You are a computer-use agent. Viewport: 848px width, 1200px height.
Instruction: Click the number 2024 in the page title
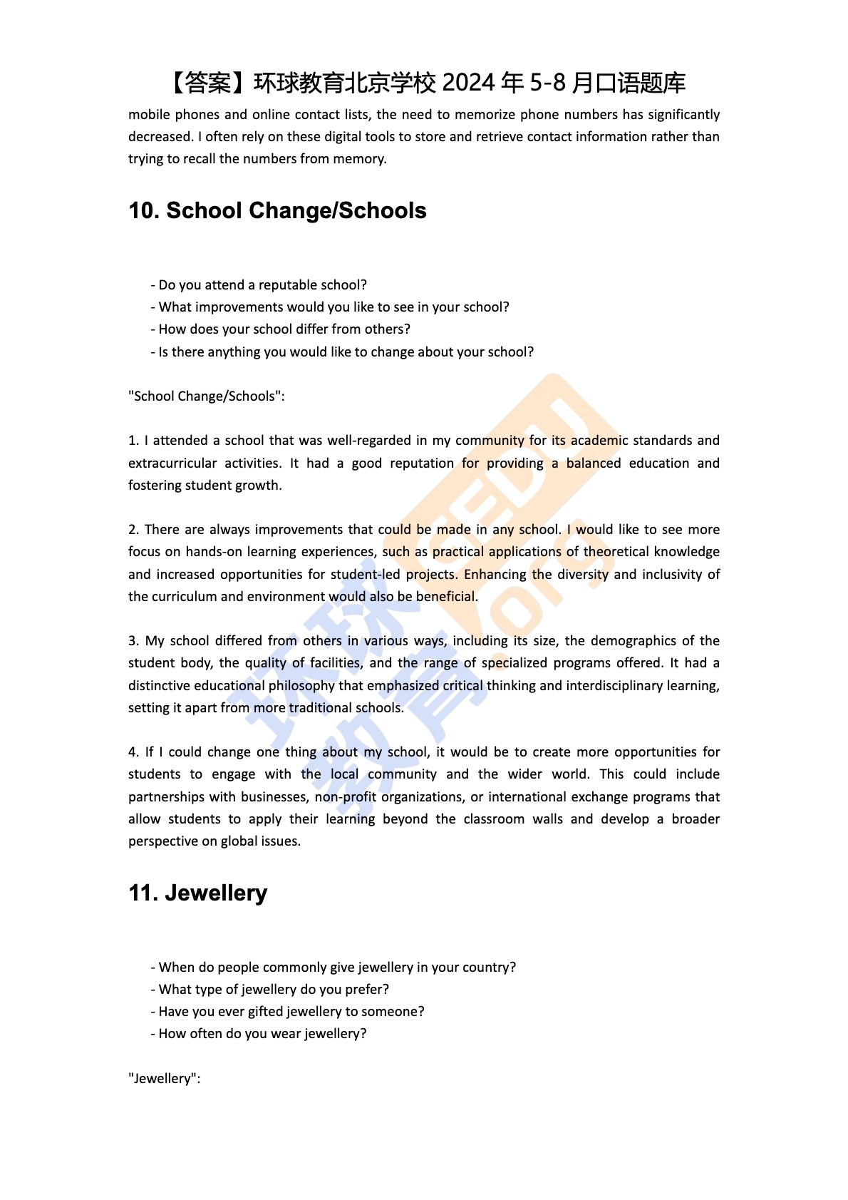468,83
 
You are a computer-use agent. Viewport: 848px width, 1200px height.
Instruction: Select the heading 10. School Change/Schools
277,211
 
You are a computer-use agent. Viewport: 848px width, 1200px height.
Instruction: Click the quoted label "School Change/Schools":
206,396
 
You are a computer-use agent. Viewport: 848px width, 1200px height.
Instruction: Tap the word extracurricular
172,463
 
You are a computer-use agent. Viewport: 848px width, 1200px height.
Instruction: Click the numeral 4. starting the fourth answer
133,752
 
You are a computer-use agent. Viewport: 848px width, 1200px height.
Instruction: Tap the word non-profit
346,797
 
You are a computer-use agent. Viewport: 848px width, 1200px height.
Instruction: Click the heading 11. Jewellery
198,893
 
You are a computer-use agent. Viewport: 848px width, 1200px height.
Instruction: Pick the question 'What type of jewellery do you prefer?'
274,990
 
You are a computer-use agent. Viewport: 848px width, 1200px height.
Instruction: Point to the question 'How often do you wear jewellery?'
262,1034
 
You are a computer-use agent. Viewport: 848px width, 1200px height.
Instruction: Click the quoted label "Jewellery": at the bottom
164,1079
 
